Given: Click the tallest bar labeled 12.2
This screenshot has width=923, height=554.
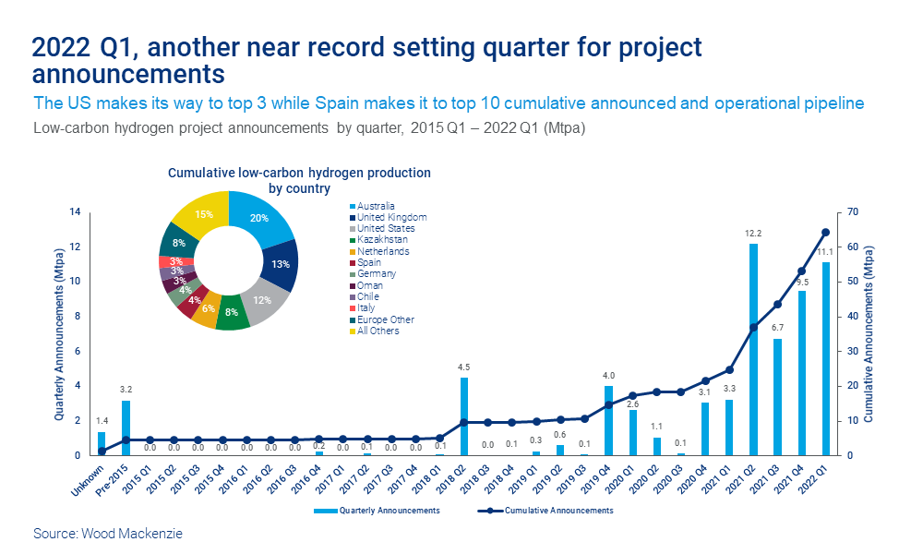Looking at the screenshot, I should click(753, 349).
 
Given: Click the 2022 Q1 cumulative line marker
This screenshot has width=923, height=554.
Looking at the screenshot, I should click(825, 233).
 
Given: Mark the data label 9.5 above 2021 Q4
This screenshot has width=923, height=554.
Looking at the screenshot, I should click(802, 283).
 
